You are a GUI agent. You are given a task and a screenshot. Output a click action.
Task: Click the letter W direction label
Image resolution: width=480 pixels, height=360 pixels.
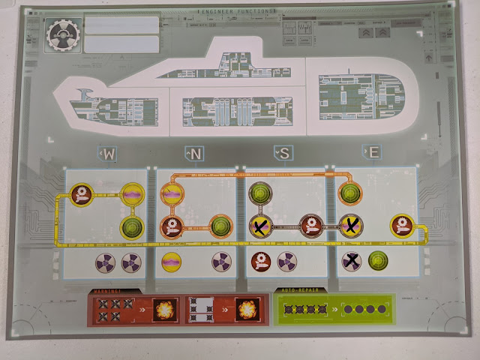(x=109, y=154)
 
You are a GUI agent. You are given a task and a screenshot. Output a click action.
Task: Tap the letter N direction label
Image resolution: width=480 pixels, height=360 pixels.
(x=196, y=154)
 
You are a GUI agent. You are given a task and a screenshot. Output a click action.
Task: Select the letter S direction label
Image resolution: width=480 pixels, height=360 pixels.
(x=286, y=154)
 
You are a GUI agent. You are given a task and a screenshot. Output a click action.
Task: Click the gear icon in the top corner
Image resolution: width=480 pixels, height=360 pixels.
(x=61, y=34)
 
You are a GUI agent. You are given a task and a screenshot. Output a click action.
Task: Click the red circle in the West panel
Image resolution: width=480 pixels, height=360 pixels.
(x=81, y=196)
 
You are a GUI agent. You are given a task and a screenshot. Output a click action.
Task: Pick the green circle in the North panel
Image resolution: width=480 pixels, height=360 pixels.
(x=221, y=225)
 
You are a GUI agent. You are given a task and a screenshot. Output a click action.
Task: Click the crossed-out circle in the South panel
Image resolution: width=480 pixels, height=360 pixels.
(x=260, y=225)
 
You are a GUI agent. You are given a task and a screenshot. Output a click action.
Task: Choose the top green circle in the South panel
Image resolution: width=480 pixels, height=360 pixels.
(x=260, y=193)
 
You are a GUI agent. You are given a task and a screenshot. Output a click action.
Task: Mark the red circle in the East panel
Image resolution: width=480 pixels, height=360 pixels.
(x=399, y=225)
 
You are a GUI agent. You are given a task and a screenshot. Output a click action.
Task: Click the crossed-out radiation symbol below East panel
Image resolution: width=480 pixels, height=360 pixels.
(x=351, y=261)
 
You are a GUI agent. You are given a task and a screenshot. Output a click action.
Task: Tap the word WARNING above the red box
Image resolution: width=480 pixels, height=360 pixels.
(x=103, y=292)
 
